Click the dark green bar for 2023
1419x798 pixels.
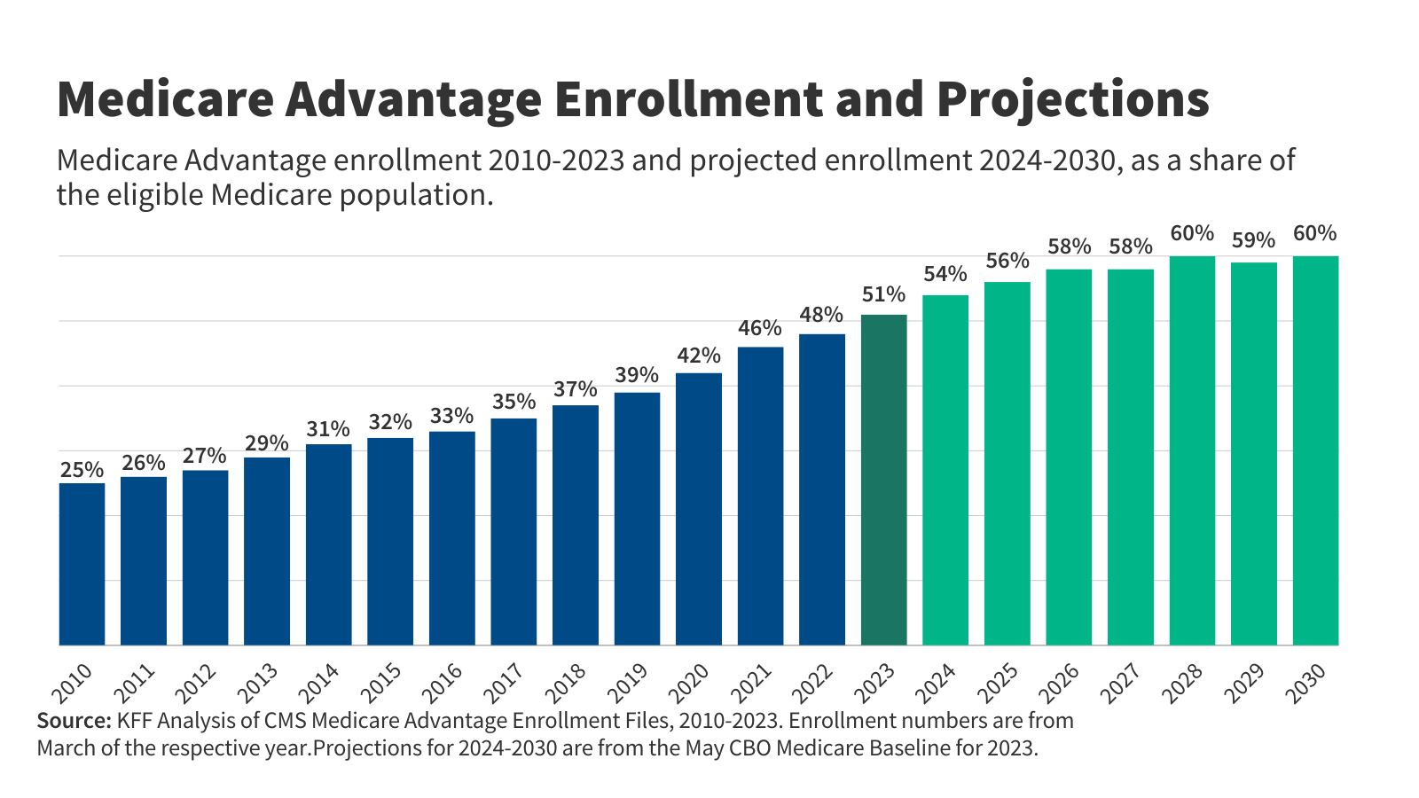(883, 480)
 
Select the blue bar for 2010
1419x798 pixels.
(82, 564)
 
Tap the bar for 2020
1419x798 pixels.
(699, 509)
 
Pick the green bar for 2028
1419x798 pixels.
(1192, 450)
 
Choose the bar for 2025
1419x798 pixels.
(1007, 464)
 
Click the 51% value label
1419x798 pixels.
(883, 294)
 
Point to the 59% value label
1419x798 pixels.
(1253, 240)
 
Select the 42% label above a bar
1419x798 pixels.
(699, 356)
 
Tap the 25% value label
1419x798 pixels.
(82, 470)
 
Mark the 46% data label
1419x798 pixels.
(760, 328)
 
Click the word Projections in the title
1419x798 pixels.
(1072, 98)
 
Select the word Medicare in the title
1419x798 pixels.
(165, 98)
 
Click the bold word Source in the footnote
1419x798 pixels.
(74, 721)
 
